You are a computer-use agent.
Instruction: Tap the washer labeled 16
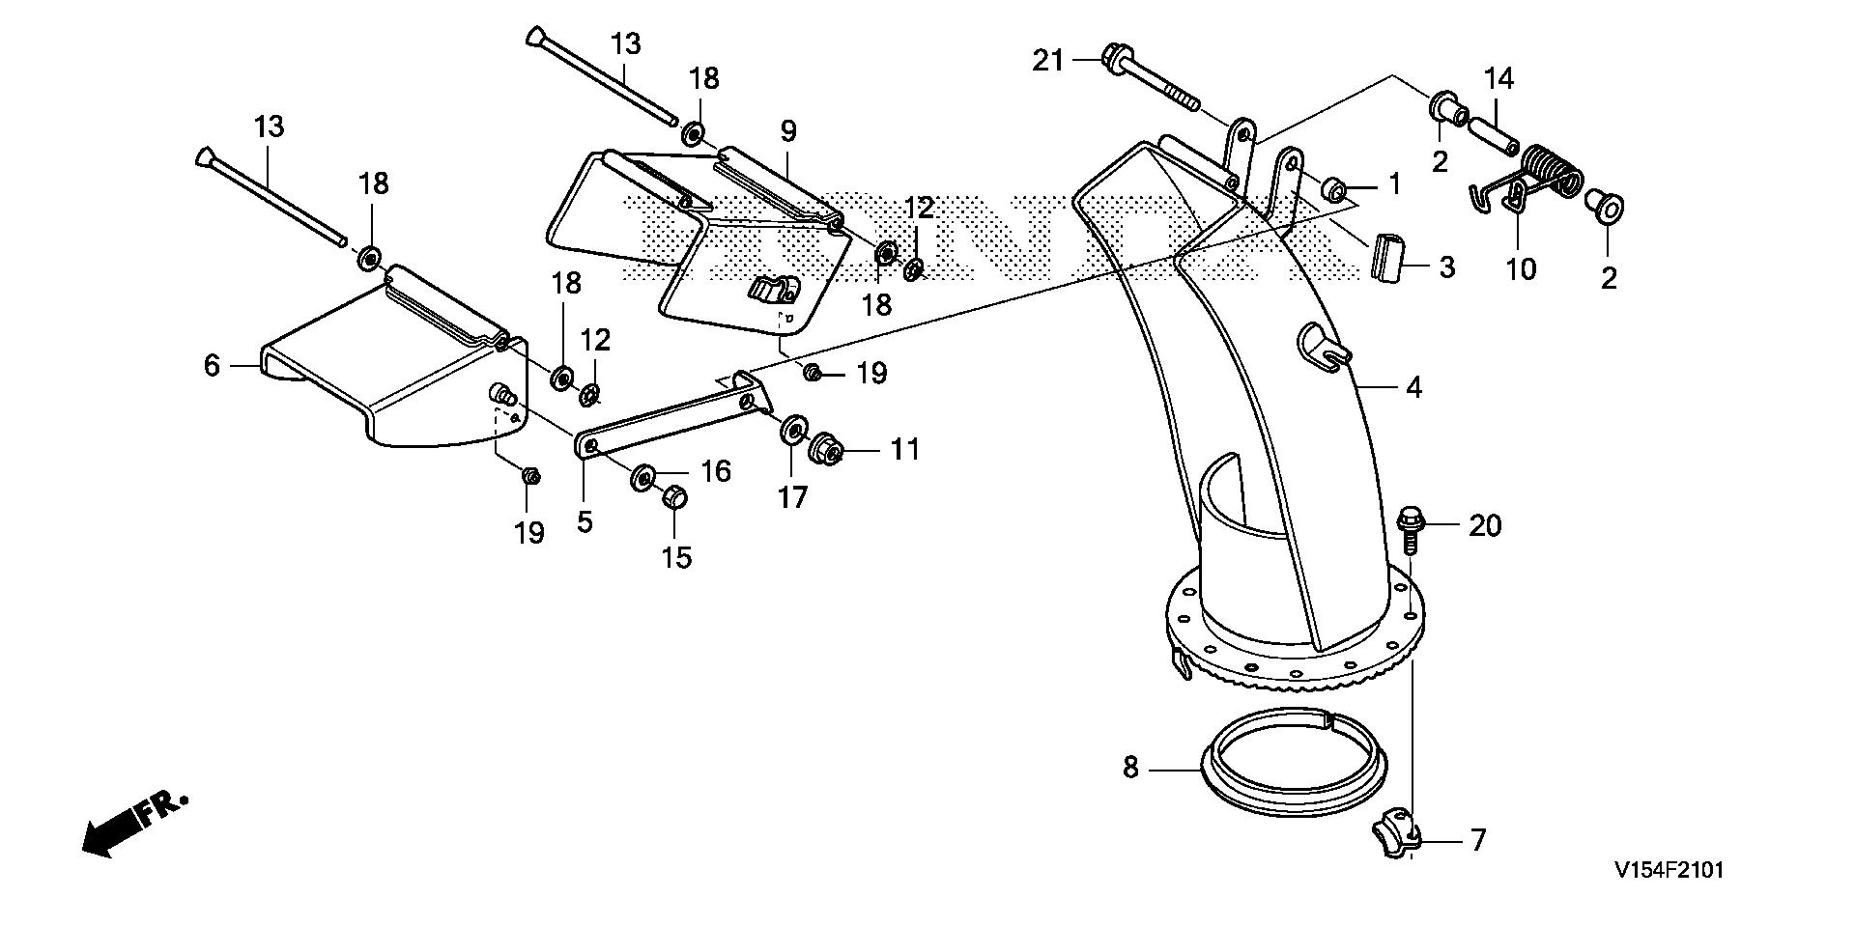coord(644,477)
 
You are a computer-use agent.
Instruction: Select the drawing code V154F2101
coord(1667,871)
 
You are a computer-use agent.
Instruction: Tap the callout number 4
coord(1413,388)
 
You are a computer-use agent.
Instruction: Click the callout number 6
coord(212,366)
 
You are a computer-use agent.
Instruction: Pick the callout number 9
coord(788,130)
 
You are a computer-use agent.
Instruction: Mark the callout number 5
coord(584,521)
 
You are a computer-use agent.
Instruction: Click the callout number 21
coord(1047,62)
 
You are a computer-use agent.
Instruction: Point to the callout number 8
coord(1130,769)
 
